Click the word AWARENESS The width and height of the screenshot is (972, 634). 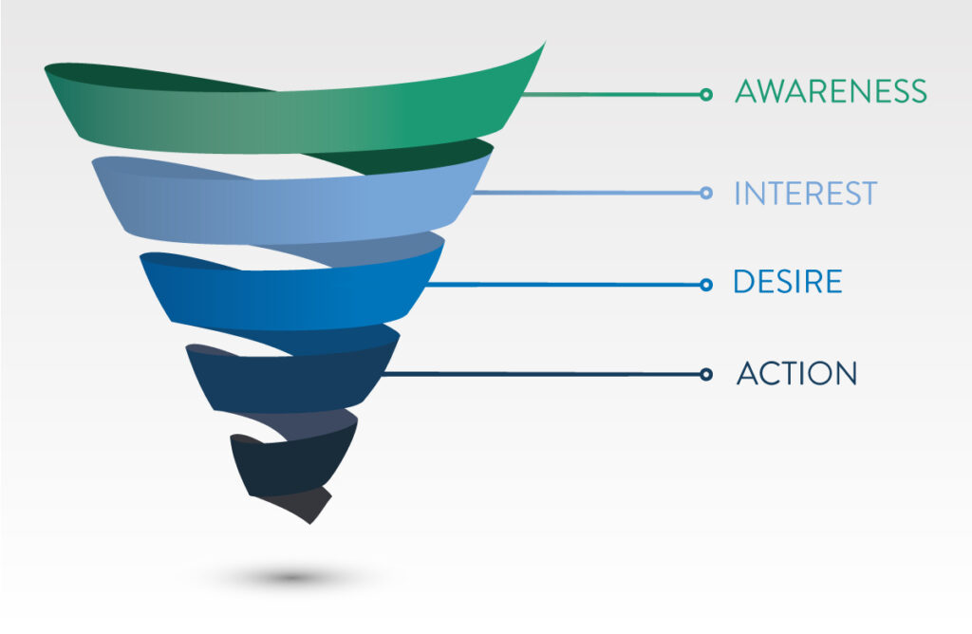click(831, 91)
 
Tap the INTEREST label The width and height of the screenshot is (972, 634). click(805, 194)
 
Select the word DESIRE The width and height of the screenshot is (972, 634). click(787, 281)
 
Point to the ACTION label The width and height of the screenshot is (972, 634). click(796, 373)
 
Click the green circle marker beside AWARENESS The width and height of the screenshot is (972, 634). click(705, 95)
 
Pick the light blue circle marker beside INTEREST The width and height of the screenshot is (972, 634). click(705, 193)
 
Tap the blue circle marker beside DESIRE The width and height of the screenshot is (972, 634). click(705, 285)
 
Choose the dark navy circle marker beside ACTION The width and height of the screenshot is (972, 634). click(705, 374)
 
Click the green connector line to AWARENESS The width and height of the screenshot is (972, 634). click(610, 95)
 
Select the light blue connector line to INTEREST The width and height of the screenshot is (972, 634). click(587, 193)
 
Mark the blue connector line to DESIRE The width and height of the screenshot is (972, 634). click(564, 285)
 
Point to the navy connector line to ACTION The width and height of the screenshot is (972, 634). click(540, 374)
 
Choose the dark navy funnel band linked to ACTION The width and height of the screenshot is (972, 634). click(291, 378)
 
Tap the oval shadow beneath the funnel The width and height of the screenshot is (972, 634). click(291, 578)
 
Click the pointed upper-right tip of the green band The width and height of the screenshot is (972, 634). click(545, 43)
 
